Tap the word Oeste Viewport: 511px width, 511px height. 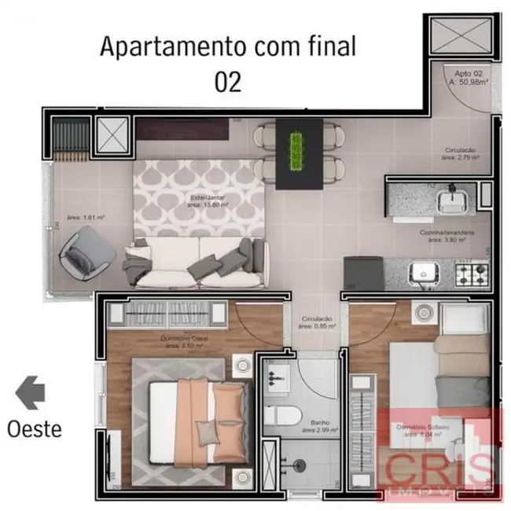click(x=34, y=429)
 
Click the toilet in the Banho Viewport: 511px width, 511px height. click(x=279, y=417)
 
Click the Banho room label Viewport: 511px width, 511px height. click(x=317, y=425)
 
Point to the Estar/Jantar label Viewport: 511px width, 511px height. click(x=208, y=200)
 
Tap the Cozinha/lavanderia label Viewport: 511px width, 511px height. click(x=449, y=237)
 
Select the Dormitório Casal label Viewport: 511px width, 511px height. click(x=185, y=342)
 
